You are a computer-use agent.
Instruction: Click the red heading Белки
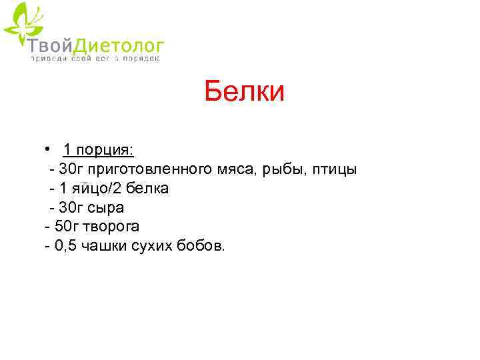click(244, 91)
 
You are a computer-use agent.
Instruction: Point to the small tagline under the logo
click(95, 59)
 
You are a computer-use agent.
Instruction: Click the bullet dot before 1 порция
click(49, 148)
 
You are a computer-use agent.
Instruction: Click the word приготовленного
click(150, 169)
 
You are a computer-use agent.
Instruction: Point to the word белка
click(149, 189)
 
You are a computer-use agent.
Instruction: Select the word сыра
click(107, 208)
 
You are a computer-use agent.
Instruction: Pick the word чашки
click(105, 247)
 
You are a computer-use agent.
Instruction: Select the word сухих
click(156, 247)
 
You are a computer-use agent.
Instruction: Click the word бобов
click(204, 247)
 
